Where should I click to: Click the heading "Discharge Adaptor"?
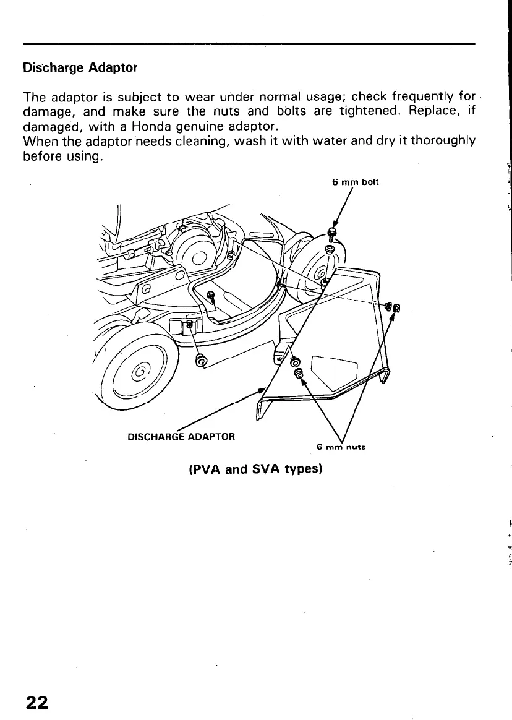80,67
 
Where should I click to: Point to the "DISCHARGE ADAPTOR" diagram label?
181,437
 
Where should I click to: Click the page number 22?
36,702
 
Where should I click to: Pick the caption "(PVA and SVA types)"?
255,469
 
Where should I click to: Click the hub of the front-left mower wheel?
140,374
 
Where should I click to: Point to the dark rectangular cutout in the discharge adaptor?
335,371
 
